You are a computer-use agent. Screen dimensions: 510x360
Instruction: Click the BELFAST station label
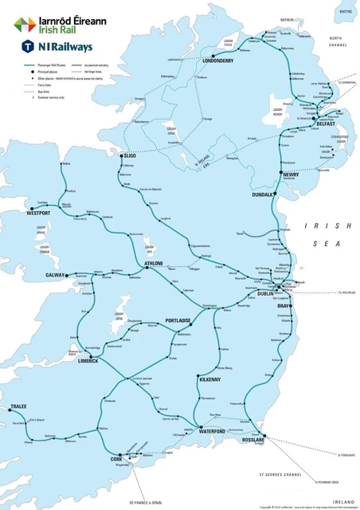click(x=325, y=124)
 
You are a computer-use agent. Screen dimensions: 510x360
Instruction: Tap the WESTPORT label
click(x=39, y=214)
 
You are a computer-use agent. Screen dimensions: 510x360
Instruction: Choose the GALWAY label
click(x=56, y=275)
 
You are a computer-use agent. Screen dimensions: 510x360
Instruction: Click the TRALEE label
click(x=18, y=406)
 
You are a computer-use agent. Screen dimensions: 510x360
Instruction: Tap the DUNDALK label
click(x=262, y=194)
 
